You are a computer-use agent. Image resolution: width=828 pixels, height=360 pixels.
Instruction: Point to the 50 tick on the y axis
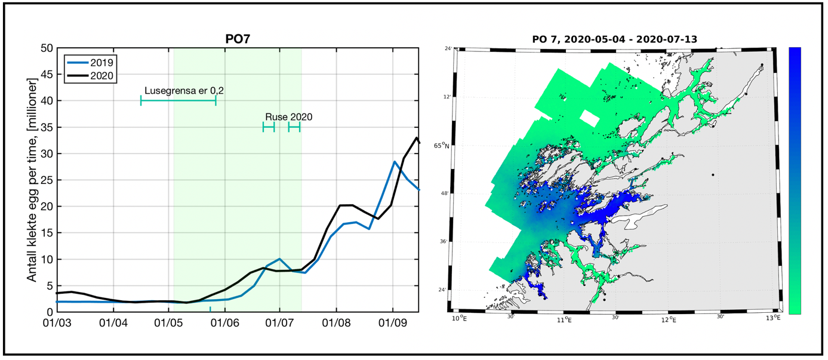[x=46, y=48]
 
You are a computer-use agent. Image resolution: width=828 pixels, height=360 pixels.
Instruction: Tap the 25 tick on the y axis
[x=46, y=180]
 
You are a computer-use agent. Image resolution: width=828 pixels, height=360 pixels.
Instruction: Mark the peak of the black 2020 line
[x=416, y=138]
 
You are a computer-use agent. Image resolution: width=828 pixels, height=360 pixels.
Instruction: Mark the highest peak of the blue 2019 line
[x=395, y=162]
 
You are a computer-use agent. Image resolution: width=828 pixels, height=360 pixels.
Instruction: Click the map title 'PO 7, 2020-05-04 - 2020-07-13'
[x=615, y=39]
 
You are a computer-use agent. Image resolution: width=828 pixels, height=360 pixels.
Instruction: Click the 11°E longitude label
[x=564, y=321]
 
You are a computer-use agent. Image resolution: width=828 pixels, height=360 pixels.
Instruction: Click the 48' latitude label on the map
[x=444, y=193]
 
